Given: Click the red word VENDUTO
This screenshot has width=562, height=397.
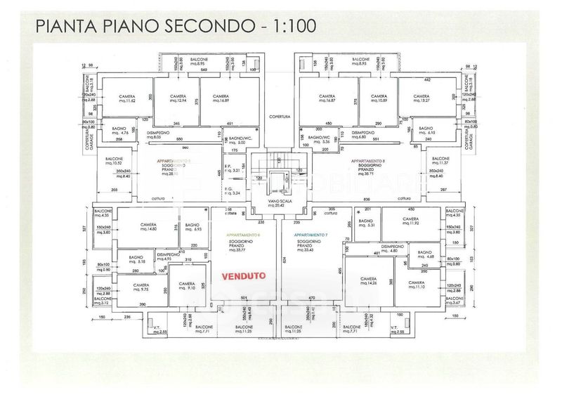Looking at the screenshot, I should [244, 276].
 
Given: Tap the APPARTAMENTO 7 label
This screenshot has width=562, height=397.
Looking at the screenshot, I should [310, 234].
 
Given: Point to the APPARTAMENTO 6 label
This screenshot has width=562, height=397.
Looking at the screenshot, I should [243, 234].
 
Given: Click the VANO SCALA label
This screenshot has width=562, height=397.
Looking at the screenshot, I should [269, 204].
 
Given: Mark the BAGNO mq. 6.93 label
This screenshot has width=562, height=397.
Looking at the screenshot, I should [192, 227].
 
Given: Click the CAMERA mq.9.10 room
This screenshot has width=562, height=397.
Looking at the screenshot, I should [187, 286].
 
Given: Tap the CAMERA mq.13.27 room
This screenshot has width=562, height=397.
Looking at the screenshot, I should [421, 99].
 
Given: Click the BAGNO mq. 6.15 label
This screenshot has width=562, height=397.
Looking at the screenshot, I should [427, 131].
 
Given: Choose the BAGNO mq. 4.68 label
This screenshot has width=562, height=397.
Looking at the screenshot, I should [426, 254].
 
